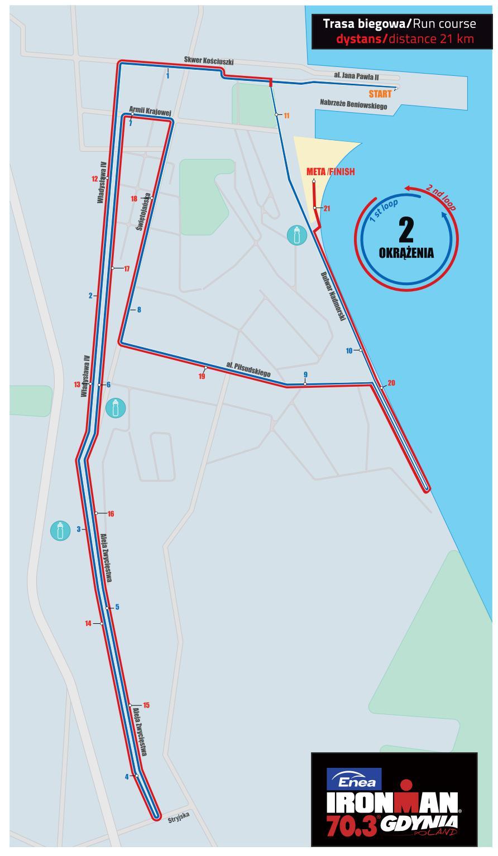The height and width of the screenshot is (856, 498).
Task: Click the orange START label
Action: click(x=380, y=94)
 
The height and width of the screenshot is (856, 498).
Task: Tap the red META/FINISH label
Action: click(x=331, y=172)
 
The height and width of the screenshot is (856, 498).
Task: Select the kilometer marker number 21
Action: click(x=327, y=209)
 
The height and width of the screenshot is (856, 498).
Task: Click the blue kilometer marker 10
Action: click(x=349, y=351)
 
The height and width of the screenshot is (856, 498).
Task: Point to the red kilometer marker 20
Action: click(x=391, y=383)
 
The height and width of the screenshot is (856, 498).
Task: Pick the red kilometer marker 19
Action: click(x=202, y=377)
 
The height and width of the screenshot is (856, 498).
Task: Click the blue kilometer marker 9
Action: click(x=305, y=374)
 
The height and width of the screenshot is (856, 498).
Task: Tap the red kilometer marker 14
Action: click(x=88, y=624)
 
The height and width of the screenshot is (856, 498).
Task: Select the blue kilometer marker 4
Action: click(x=127, y=776)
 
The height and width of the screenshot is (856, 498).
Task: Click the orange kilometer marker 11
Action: click(x=286, y=116)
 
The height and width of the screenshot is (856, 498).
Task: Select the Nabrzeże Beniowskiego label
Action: click(x=353, y=104)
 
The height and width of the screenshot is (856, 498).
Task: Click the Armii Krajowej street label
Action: click(x=150, y=111)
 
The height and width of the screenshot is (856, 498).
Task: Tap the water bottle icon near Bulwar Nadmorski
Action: click(x=297, y=235)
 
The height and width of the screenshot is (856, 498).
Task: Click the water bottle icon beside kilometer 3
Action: click(x=60, y=531)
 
